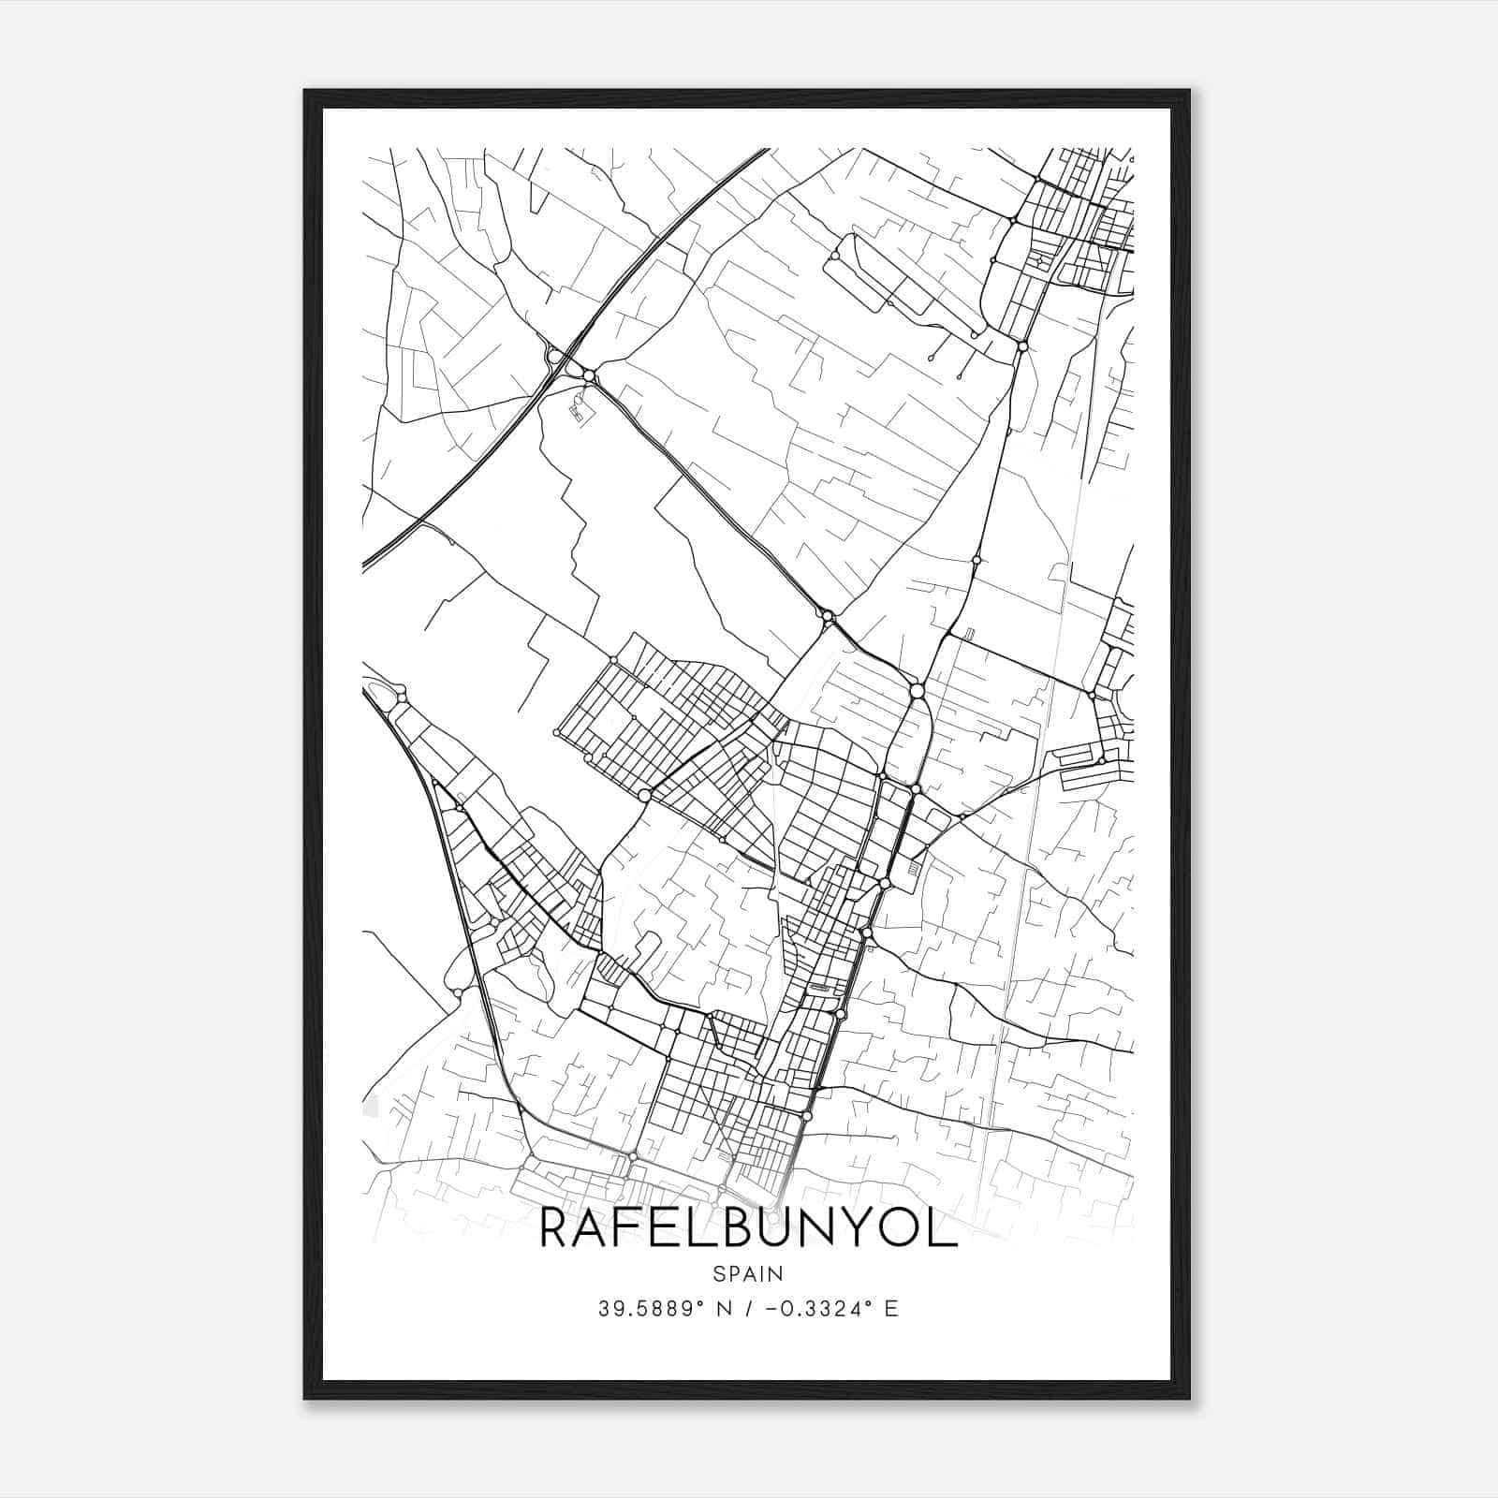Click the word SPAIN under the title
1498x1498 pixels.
tap(748, 1273)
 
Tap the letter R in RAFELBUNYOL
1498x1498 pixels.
tap(558, 1229)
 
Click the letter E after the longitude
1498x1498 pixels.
tap(891, 1309)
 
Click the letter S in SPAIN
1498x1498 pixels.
tap(718, 1273)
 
